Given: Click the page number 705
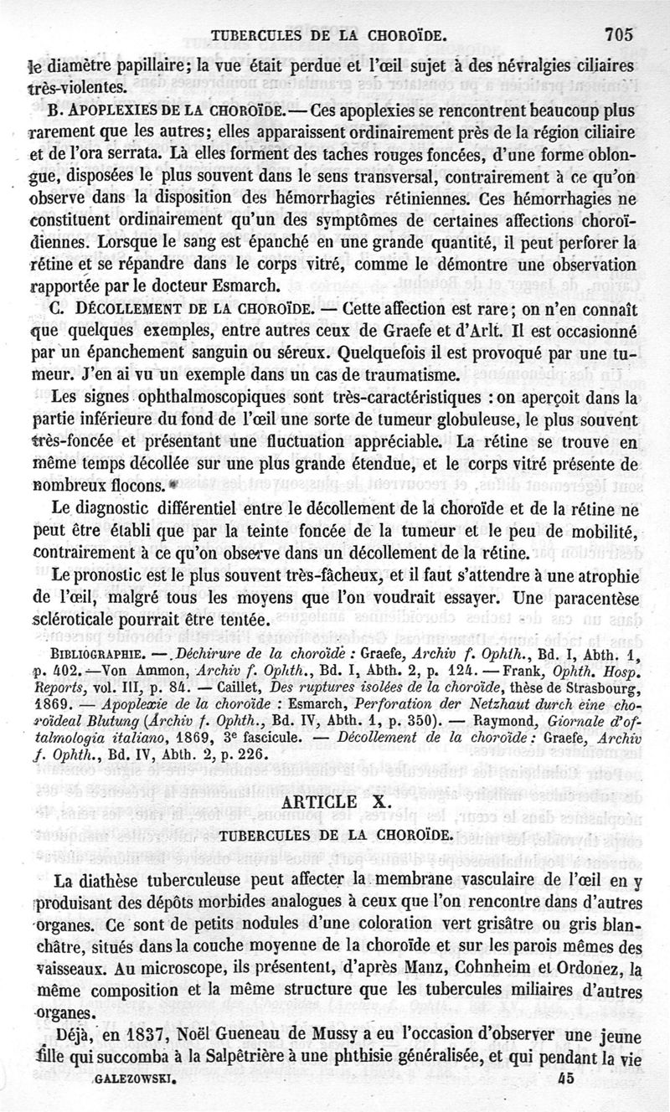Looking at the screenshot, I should click(x=617, y=35).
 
